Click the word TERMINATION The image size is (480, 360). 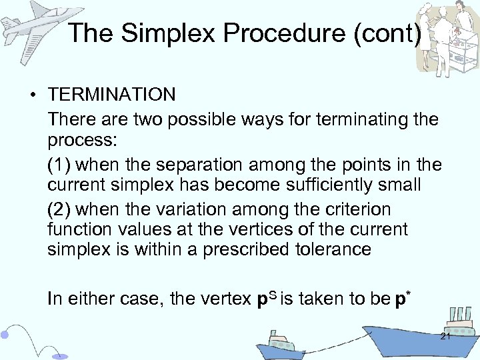point(111,95)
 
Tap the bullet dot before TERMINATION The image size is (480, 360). point(32,95)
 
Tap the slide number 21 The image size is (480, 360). point(445,337)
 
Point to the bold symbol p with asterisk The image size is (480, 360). point(399,299)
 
